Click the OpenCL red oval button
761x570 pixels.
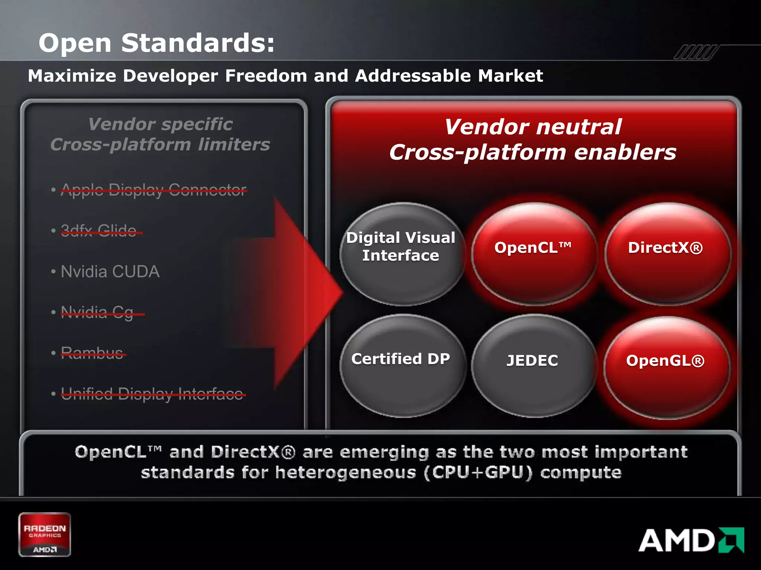tap(534, 254)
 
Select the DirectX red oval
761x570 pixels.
tap(666, 254)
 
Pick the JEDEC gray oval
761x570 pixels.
tap(533, 366)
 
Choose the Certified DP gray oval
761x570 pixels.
tap(401, 366)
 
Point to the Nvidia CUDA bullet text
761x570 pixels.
tap(110, 272)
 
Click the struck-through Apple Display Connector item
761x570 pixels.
tap(153, 190)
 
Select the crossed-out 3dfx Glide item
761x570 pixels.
tap(99, 231)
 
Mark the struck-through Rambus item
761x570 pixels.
tap(92, 353)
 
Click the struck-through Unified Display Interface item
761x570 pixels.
tap(152, 394)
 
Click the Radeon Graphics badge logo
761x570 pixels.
tap(45, 534)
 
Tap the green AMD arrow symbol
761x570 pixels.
tap(731, 540)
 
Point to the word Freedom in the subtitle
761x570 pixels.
tap(266, 76)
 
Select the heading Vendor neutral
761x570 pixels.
tap(533, 127)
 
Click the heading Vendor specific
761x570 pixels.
tap(161, 124)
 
